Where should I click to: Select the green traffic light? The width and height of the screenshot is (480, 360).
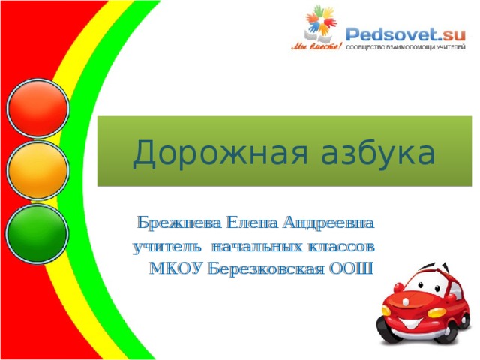tap(37, 232)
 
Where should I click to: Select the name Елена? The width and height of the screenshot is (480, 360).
tap(252, 223)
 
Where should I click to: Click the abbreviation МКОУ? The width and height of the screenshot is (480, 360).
tap(175, 268)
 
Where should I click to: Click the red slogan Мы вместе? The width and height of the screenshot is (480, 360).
tap(316, 46)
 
